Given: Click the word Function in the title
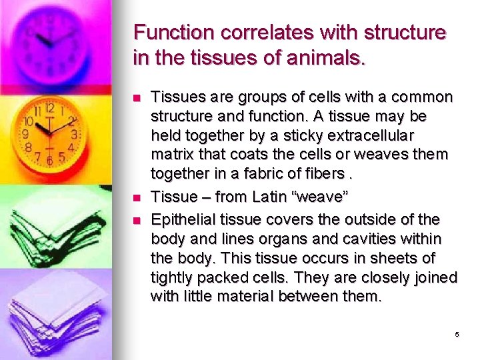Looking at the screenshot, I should [174, 32].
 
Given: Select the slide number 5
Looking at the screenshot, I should [457, 335].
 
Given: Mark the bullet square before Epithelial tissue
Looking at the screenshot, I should [137, 219].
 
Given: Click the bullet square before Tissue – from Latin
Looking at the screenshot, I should [137, 197].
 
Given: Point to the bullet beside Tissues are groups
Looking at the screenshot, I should [137, 98].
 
